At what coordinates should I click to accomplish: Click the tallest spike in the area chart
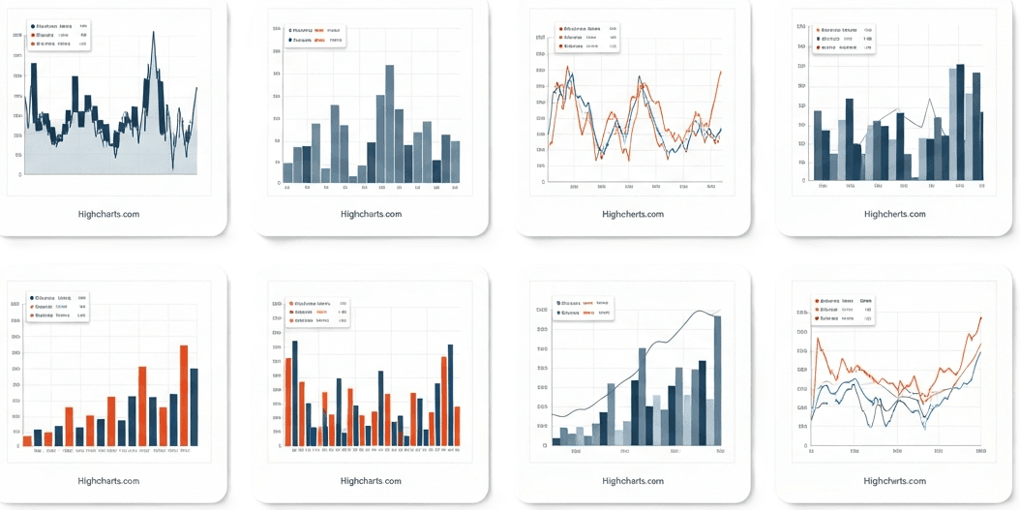pos(153,33)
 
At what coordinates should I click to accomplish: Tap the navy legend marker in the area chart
pos(33,26)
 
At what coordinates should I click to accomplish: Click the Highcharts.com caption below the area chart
pos(108,214)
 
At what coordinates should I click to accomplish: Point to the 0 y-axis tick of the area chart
pos(19,175)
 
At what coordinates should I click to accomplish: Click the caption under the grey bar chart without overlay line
pos(372,214)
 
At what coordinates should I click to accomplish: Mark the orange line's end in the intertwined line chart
pos(721,71)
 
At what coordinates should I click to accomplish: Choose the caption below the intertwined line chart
pos(633,214)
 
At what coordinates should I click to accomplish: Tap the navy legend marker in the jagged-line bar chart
pos(818,39)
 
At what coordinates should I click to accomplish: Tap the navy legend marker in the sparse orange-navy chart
pos(33,298)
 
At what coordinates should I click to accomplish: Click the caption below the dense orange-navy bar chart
pos(372,481)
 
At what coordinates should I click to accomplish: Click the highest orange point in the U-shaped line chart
pos(980,317)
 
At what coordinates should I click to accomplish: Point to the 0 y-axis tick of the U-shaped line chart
pos(805,446)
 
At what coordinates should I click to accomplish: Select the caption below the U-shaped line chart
pos(894,481)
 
